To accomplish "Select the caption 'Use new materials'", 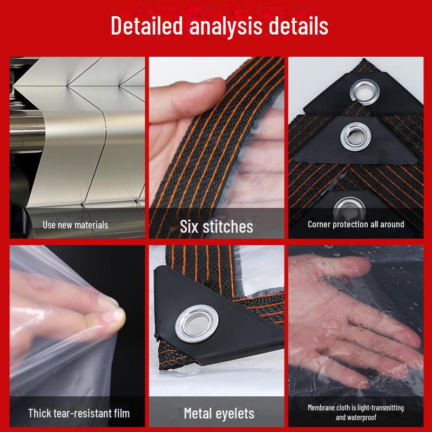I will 76,225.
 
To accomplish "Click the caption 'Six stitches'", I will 216,226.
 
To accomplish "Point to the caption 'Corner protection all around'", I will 356,224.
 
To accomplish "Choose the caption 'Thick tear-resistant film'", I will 79,414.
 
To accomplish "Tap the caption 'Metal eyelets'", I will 219,414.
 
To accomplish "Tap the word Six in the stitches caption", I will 189,226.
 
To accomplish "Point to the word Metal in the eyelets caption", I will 200,414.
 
